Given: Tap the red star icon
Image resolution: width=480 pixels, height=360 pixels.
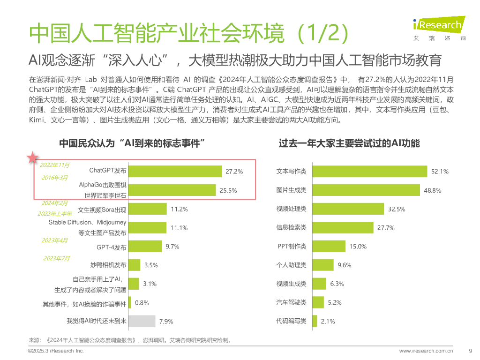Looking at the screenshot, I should pyautogui.click(x=32, y=157).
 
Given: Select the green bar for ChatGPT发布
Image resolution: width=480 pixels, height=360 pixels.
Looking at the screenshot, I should pyautogui.click(x=174, y=171).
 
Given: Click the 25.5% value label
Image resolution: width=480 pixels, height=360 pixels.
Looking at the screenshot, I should pyautogui.click(x=228, y=190).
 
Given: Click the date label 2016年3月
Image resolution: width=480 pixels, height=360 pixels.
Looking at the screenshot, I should pyautogui.click(x=54, y=178).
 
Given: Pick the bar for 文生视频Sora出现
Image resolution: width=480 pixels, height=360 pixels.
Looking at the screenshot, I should pyautogui.click(x=148, y=209).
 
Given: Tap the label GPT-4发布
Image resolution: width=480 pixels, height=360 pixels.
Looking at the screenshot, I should pyautogui.click(x=112, y=247).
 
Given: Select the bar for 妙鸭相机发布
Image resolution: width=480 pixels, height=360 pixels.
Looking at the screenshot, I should pyautogui.click(x=134, y=265).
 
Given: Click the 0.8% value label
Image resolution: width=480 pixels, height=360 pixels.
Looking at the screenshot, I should pyautogui.click(x=142, y=303).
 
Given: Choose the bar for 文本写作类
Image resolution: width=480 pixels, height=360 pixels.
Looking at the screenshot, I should pyautogui.click(x=369, y=172).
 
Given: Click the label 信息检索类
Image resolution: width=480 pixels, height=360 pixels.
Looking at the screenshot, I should pyautogui.click(x=291, y=227).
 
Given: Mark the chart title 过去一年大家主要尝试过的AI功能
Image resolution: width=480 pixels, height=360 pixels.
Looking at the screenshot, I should pyautogui.click(x=349, y=143).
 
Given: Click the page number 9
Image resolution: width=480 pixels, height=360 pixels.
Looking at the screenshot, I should pyautogui.click(x=470, y=350).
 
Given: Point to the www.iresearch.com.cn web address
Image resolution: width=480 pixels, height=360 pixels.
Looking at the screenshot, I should pyautogui.click(x=426, y=350).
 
